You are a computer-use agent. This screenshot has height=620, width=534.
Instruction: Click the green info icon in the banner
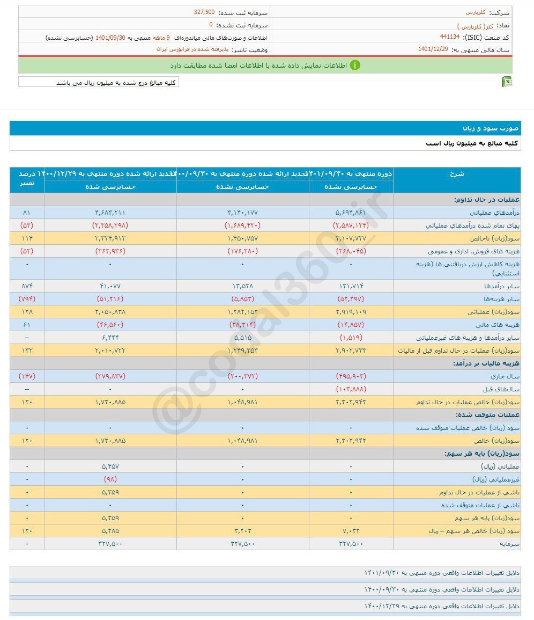[355, 65]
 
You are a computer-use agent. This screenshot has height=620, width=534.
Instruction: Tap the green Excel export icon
[506, 82]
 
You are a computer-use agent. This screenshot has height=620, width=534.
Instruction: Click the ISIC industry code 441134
[449, 37]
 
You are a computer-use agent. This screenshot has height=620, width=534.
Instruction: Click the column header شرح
[457, 174]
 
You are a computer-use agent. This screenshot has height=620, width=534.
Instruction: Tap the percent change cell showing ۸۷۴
[27, 286]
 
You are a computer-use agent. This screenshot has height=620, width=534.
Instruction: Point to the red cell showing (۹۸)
[110, 479]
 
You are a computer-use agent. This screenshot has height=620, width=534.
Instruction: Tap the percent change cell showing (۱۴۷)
[27, 376]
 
